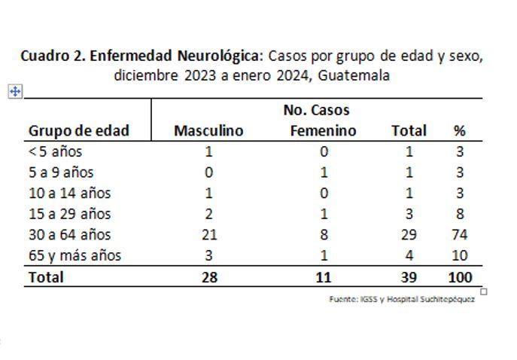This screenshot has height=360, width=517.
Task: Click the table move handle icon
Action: click(x=14, y=91)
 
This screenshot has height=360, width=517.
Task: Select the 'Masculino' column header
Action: click(x=208, y=130)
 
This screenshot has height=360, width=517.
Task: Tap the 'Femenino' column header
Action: click(x=323, y=130)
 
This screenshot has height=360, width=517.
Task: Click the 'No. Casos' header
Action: click(x=316, y=111)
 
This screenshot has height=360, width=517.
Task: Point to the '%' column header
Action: click(x=459, y=130)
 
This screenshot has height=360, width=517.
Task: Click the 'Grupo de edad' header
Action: click(x=79, y=130)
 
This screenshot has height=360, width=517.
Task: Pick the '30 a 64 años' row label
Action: click(x=69, y=234)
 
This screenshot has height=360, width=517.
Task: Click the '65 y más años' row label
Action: click(x=75, y=255)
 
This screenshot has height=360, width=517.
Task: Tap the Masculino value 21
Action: click(x=208, y=234)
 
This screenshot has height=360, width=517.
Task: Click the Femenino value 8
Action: click(x=324, y=234)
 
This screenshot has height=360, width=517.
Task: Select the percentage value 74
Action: click(x=459, y=234)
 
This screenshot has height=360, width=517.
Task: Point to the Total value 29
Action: click(x=409, y=234)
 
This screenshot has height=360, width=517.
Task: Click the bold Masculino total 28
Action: click(x=208, y=276)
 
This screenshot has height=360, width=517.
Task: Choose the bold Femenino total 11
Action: click(x=324, y=276)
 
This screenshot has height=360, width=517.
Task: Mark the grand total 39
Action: click(x=409, y=276)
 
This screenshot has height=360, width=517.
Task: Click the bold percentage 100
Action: click(x=459, y=276)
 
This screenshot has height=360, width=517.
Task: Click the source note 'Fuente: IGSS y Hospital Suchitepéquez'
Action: click(x=402, y=299)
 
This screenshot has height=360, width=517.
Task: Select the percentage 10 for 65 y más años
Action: click(x=459, y=255)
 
